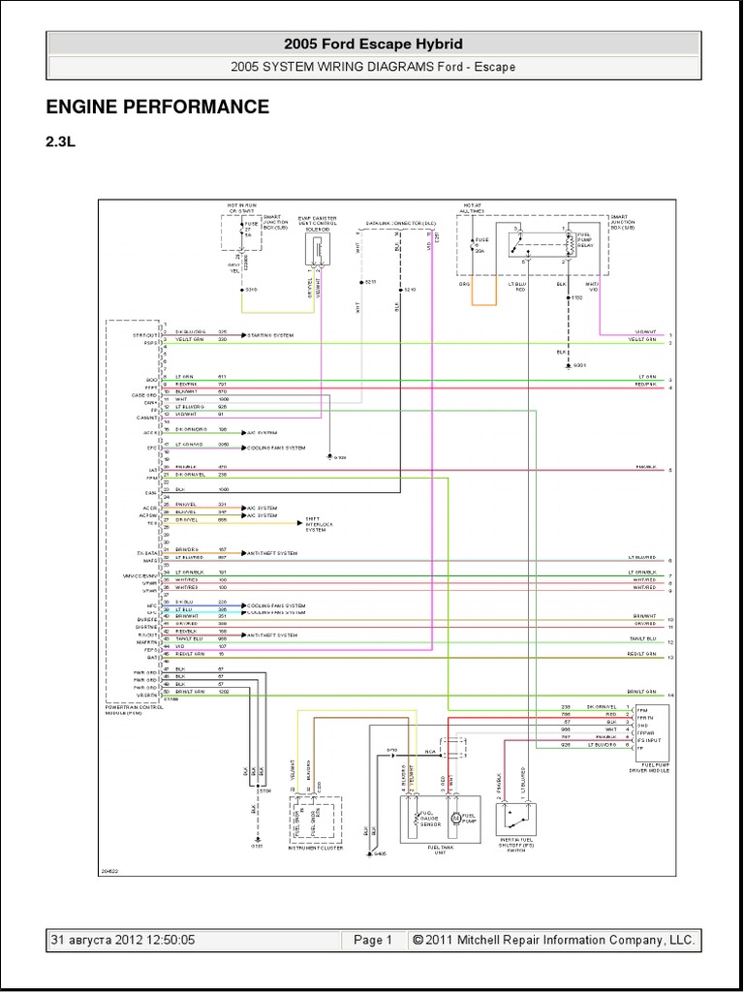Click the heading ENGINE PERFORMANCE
tap(157, 107)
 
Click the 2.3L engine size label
tap(59, 140)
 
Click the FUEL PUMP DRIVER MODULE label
tap(650, 768)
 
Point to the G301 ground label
tap(579, 365)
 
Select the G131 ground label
tap(257, 846)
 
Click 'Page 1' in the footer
tap(373, 940)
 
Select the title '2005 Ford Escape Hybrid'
tap(373, 44)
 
